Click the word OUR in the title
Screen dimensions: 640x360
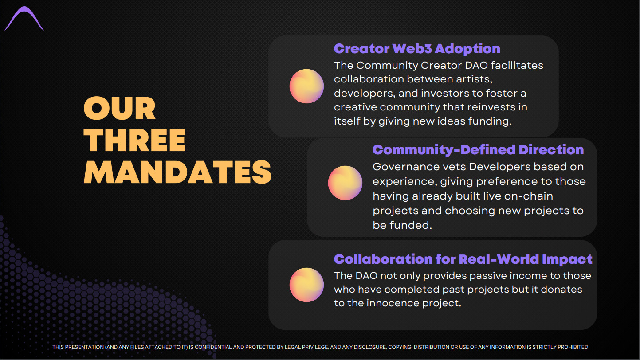[x=119, y=108]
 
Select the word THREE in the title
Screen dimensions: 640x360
[x=134, y=140]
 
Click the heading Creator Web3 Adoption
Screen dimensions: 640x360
[x=417, y=49]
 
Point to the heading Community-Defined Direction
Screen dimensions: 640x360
[x=478, y=150]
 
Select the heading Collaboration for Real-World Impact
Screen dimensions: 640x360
[x=463, y=259]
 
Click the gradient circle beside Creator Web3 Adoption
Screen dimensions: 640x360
[x=306, y=86]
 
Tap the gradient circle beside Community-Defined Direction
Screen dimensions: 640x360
[x=345, y=183]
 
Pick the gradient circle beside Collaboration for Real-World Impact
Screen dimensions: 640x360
[x=306, y=285]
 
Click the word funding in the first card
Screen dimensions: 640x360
[x=490, y=121]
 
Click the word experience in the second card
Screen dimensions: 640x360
[x=405, y=182]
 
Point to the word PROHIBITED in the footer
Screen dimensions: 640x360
[x=573, y=347]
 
